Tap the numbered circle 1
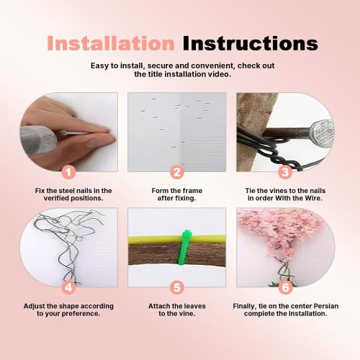pos(68,172)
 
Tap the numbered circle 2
pos(176,172)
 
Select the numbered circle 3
pos(284,172)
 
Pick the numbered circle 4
pos(68,287)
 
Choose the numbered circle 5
pos(176,287)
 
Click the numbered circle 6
pos(284,287)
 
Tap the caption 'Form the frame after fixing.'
pos(177,194)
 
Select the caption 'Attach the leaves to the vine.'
pos(177,310)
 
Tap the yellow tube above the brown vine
pos(151,238)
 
